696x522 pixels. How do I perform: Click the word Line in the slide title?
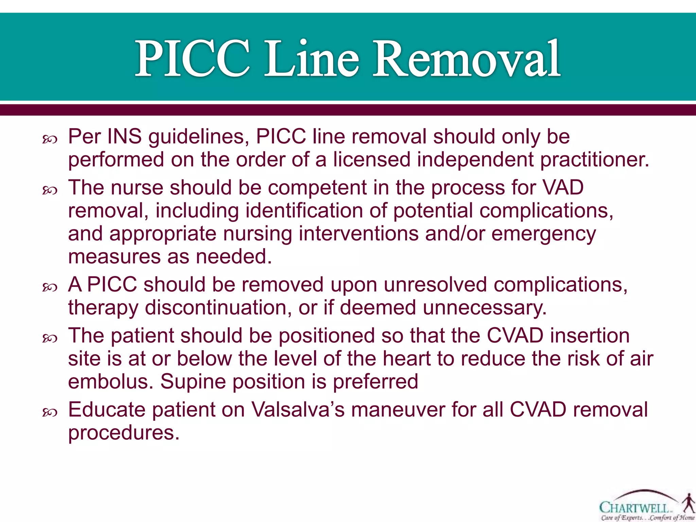click(311, 58)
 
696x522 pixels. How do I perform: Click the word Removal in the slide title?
click(466, 58)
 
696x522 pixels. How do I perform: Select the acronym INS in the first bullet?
click(124, 137)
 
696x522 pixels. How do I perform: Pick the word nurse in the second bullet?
click(137, 188)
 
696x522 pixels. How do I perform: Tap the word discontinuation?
click(218, 308)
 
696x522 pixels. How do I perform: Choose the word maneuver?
click(398, 410)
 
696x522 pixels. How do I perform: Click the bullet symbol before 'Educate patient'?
click(50, 413)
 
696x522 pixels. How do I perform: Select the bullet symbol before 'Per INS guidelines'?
click(50, 139)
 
